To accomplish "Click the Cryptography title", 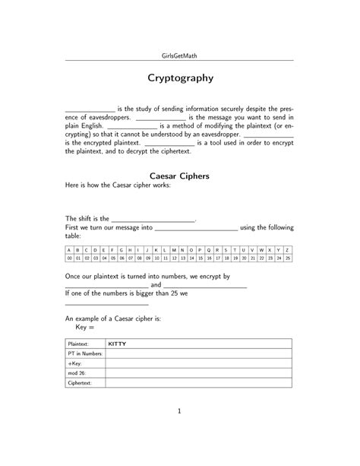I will click(179, 78).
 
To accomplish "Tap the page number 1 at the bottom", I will click(179, 412).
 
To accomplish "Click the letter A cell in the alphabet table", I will click(69, 249).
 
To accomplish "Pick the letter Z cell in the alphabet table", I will click(287, 249).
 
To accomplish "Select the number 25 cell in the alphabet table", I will click(287, 258).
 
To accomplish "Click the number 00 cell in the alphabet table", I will click(69, 258).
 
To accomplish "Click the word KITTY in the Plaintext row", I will click(118, 344).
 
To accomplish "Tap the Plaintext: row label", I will click(78, 344).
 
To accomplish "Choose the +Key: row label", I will click(75, 364).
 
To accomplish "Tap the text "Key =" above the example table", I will click(85, 328).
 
